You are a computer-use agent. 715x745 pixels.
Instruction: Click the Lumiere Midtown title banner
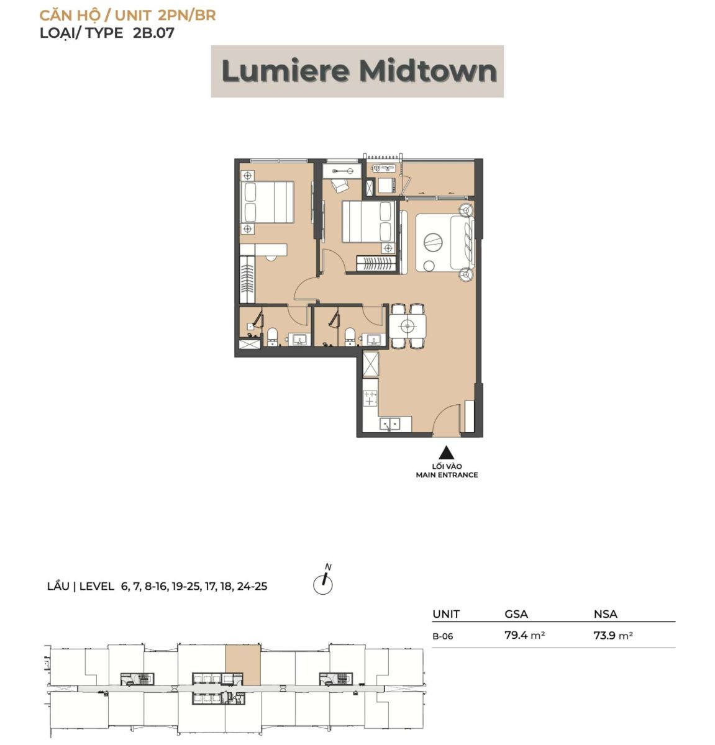point(357,71)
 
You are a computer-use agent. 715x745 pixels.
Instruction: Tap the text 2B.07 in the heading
point(153,32)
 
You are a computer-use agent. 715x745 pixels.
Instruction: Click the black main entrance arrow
point(446,453)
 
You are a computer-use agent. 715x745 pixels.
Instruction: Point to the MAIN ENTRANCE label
point(447,475)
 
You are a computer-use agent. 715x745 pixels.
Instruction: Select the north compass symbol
point(323,580)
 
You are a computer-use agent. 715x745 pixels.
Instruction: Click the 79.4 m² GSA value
point(525,635)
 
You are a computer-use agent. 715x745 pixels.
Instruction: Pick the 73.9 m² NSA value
point(613,636)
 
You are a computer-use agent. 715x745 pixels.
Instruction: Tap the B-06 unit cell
point(443,636)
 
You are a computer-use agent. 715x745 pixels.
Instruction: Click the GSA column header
point(516,614)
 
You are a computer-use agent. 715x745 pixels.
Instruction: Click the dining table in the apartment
point(408,326)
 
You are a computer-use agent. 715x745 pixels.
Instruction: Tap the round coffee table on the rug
point(433,242)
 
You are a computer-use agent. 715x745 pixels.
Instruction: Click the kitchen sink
point(390,424)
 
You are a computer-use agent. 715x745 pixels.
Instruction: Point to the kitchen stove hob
point(370,398)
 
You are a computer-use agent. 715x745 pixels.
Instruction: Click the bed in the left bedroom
point(266,202)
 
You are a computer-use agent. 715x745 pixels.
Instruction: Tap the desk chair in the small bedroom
point(339,185)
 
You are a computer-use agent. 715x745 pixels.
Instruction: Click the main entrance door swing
point(446,419)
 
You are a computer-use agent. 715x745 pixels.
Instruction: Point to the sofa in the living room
point(463,242)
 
